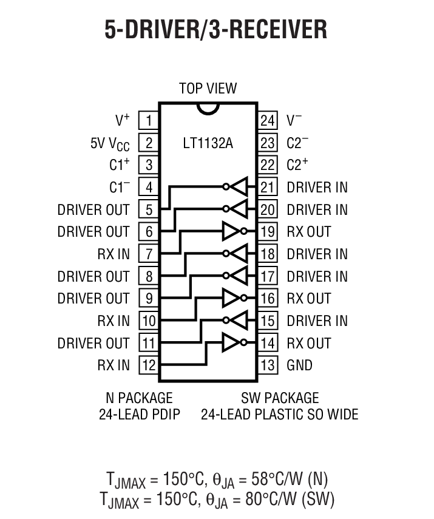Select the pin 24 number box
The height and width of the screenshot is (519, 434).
268,120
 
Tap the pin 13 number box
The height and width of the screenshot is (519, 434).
268,365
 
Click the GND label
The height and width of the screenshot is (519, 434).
299,365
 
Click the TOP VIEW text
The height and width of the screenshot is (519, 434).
208,89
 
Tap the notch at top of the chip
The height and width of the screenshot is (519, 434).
208,107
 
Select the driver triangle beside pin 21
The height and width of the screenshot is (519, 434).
240,187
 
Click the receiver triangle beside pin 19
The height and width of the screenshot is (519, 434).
231,231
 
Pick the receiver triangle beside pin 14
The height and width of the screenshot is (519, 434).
231,343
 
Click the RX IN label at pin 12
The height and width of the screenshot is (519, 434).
114,365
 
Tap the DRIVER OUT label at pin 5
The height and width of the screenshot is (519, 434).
93,209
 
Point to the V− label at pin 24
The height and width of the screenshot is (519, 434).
294,120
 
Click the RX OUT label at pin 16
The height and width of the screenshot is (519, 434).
309,299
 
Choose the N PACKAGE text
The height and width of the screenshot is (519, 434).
139,398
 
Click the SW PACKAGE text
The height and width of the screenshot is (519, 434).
279,398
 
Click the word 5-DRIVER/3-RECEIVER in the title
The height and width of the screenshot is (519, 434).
216,29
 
